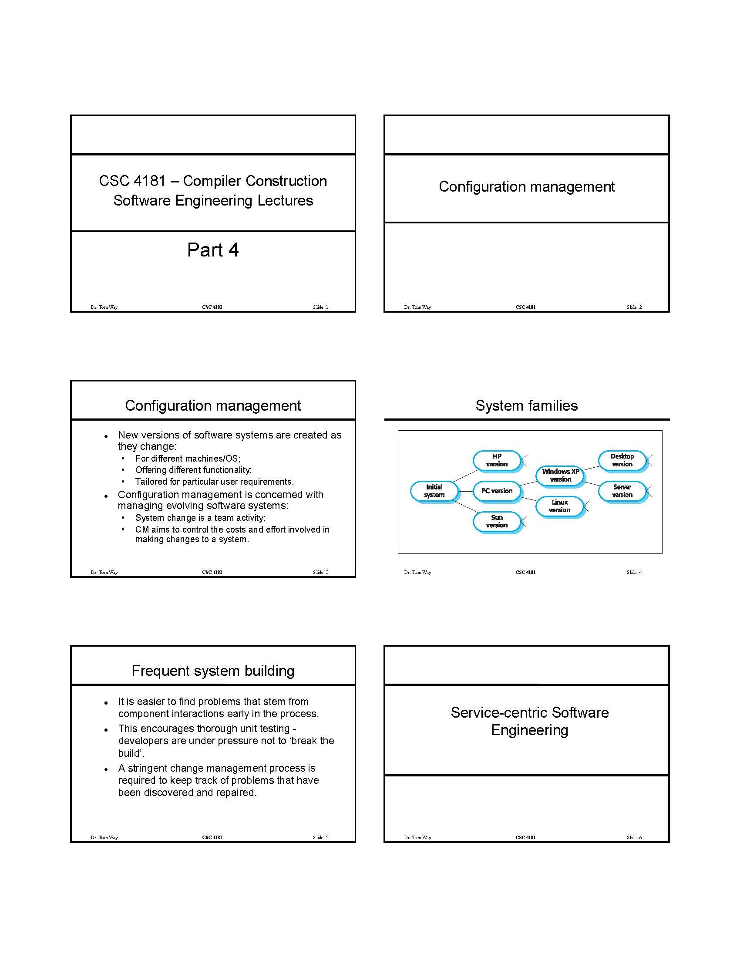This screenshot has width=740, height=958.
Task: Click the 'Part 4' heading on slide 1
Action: [212, 250]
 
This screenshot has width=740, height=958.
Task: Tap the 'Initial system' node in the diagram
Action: [434, 490]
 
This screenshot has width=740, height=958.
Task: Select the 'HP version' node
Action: [497, 460]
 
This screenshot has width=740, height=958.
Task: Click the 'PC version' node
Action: [497, 490]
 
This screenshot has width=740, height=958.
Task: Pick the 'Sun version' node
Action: [497, 521]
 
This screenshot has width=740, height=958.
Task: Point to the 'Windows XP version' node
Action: [560, 475]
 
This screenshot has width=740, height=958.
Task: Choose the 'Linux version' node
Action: [560, 506]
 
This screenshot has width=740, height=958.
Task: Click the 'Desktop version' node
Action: [622, 460]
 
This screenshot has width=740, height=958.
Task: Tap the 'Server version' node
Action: [622, 490]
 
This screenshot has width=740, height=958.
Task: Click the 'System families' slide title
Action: [527, 405]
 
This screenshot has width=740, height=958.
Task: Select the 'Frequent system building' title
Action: [212, 671]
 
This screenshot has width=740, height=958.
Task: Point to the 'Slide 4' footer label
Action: [634, 572]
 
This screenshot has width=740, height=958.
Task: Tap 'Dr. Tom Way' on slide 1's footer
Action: [104, 307]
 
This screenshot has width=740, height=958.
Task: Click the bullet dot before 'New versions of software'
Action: [106, 436]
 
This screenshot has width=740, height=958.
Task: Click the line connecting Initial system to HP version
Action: [466, 476]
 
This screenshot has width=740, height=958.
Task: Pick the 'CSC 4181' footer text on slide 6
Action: [525, 837]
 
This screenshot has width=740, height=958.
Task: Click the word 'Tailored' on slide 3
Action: [151, 482]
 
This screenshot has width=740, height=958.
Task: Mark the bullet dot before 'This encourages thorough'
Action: [106, 730]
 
